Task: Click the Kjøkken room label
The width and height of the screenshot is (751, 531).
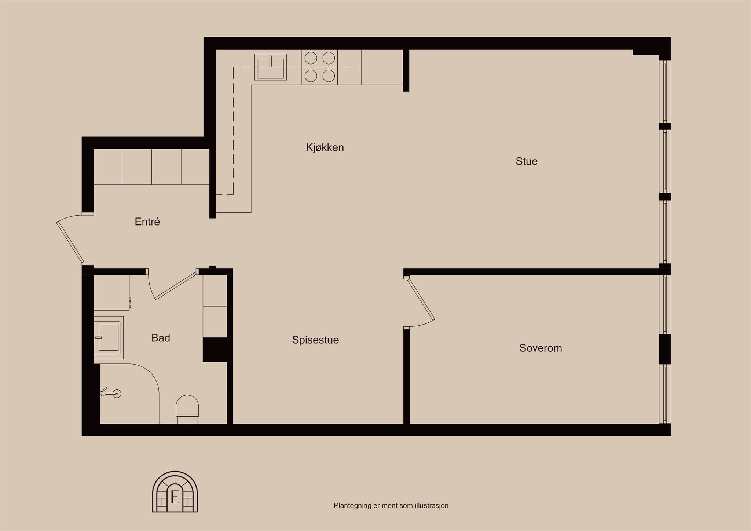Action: pyautogui.click(x=325, y=147)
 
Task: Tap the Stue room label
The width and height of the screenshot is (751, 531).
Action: pyautogui.click(x=527, y=161)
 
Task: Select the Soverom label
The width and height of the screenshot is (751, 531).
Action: pyautogui.click(x=541, y=348)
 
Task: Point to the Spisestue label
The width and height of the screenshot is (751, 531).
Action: pyautogui.click(x=315, y=340)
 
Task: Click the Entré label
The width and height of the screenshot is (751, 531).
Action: pyautogui.click(x=147, y=221)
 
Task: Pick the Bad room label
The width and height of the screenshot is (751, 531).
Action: pyautogui.click(x=161, y=338)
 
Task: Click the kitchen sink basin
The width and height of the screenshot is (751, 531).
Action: pyautogui.click(x=271, y=67)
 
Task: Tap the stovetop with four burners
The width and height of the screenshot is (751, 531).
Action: pyautogui.click(x=320, y=67)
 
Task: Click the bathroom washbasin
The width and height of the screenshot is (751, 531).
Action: pyautogui.click(x=109, y=337)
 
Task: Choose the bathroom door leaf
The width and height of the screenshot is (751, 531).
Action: pyautogui.click(x=175, y=286)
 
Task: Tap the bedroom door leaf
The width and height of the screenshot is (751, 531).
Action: pyautogui.click(x=421, y=299)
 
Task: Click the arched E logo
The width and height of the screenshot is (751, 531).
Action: pyautogui.click(x=175, y=492)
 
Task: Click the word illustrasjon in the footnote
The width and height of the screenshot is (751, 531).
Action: pyautogui.click(x=432, y=506)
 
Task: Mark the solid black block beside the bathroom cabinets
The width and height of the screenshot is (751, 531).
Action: pyautogui.click(x=215, y=349)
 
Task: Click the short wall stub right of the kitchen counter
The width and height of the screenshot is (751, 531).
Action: pyautogui.click(x=406, y=70)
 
